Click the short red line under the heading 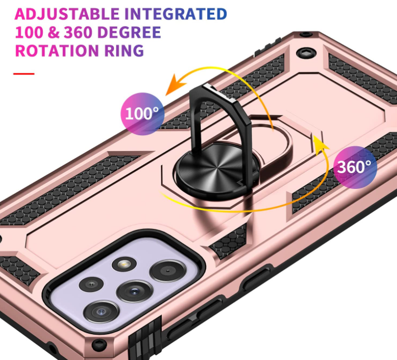tap(24, 73)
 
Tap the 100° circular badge tap(142, 112)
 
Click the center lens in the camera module tap(133, 291)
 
